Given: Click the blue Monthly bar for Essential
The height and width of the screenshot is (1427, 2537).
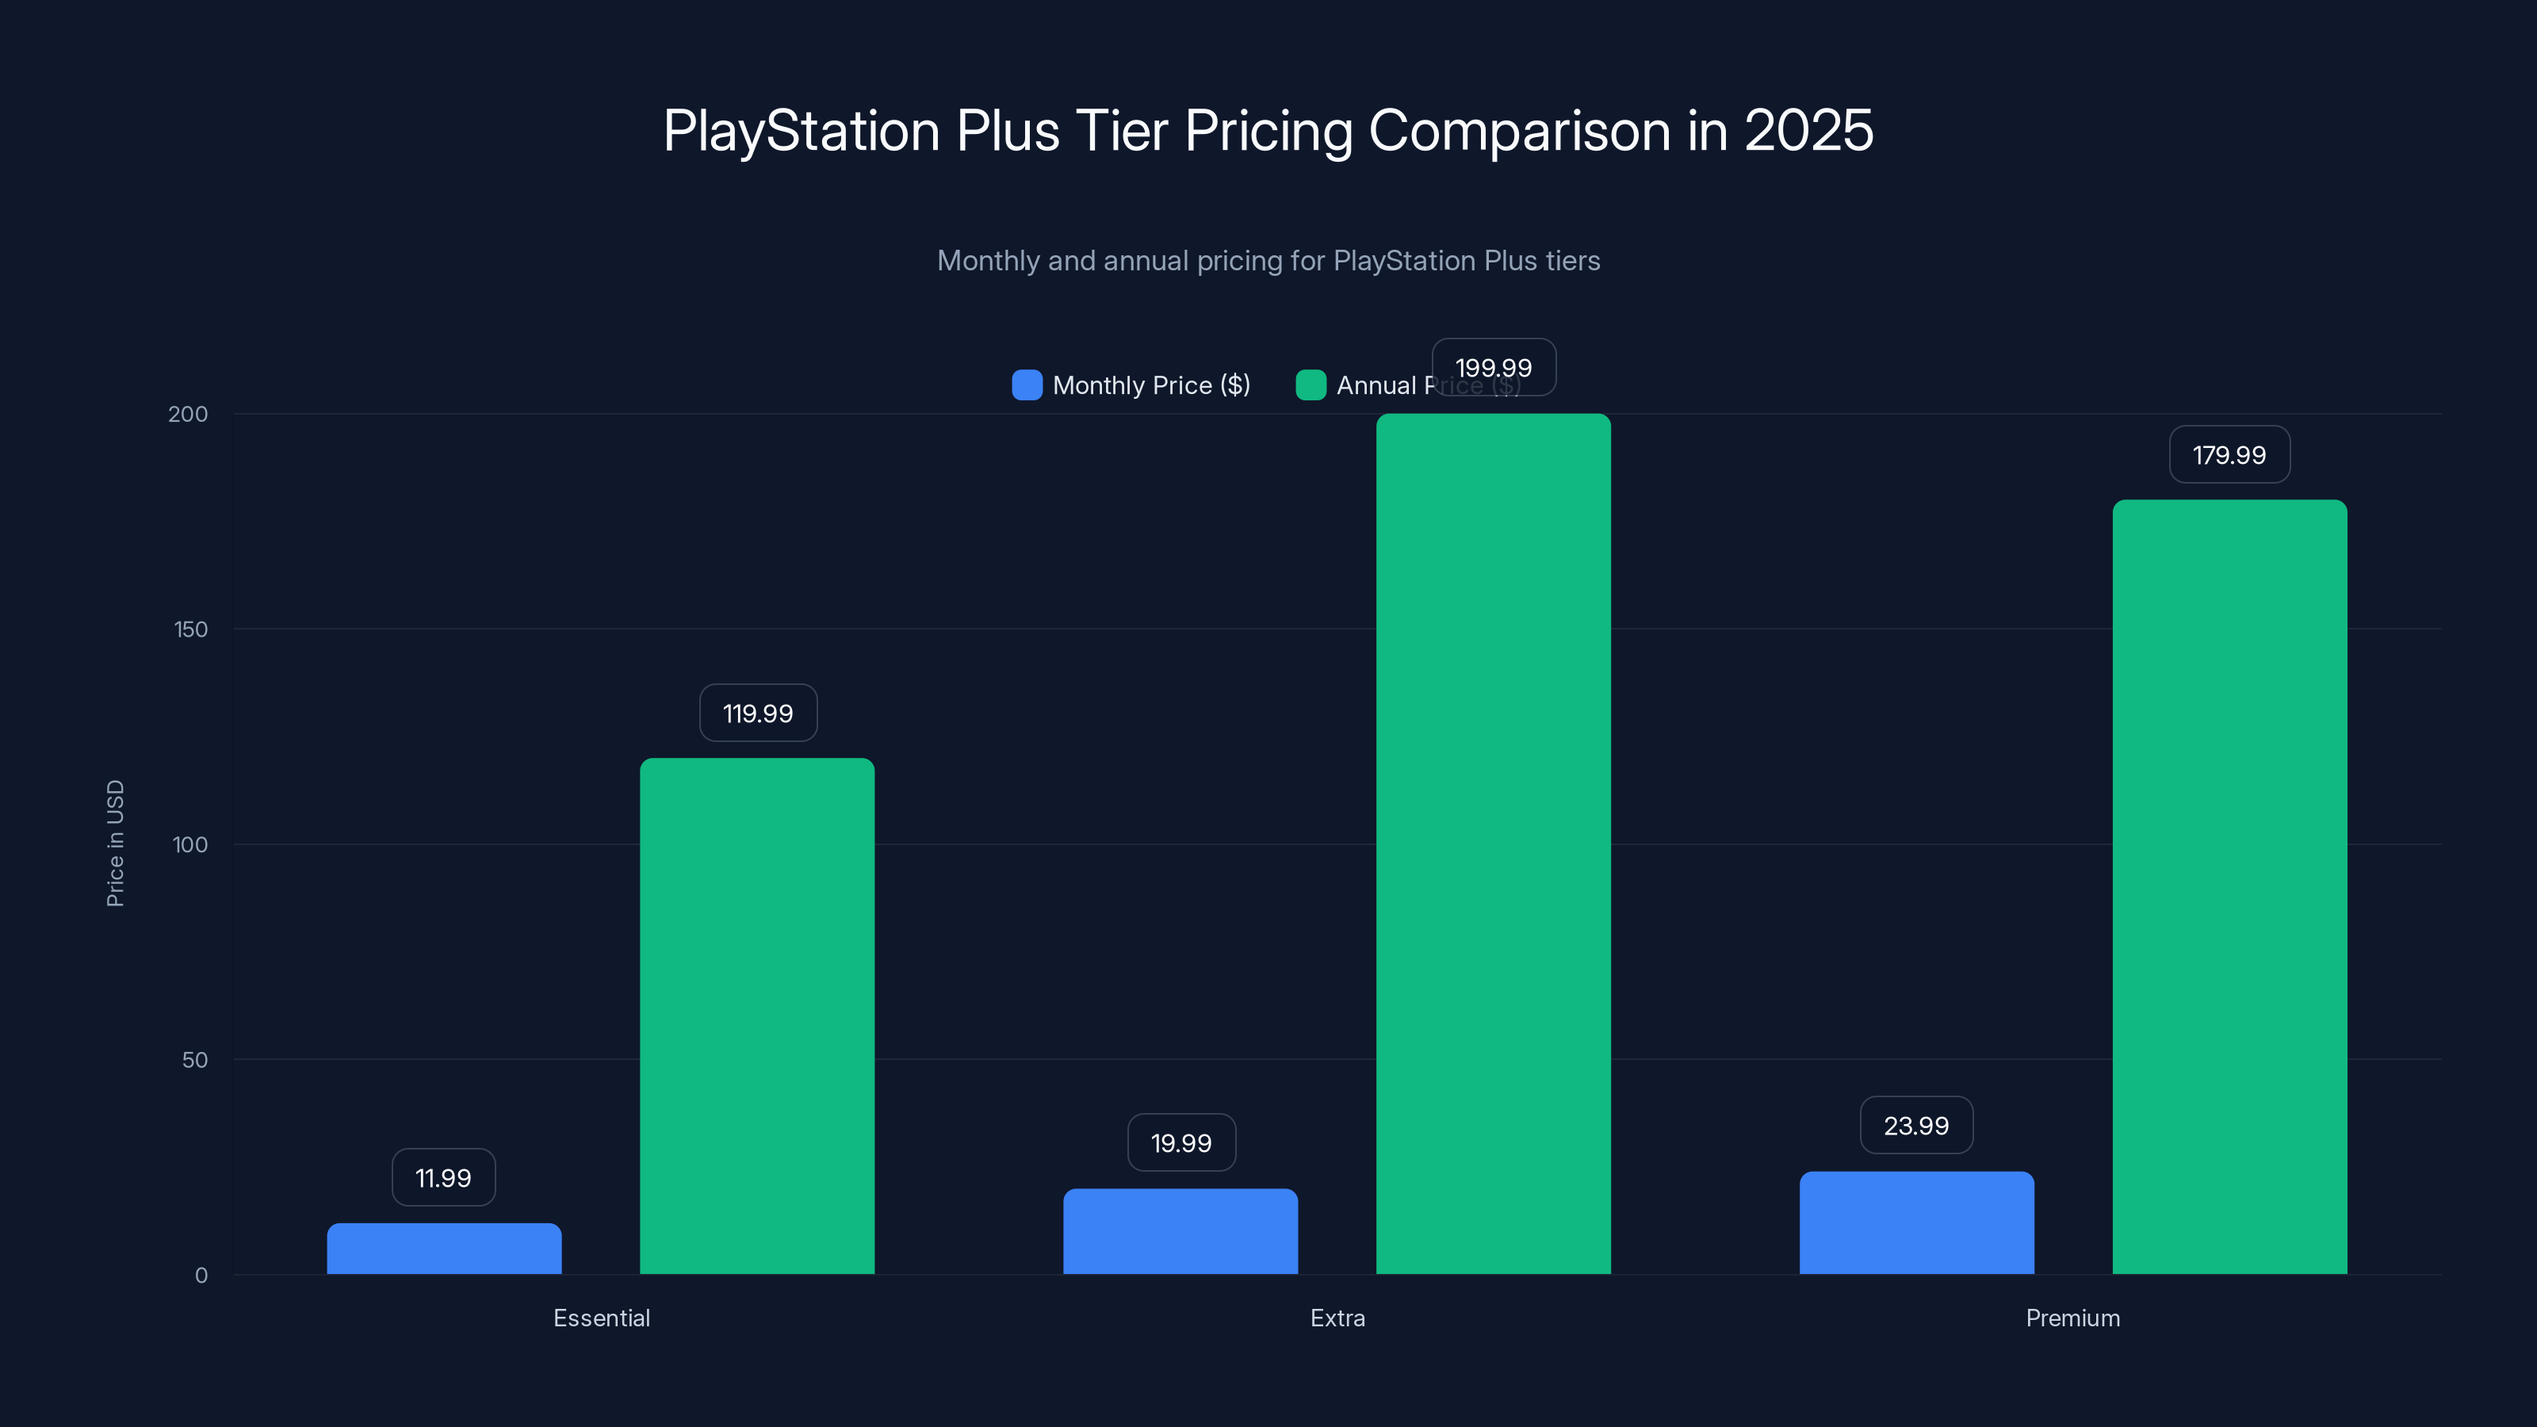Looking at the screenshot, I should [x=444, y=1249].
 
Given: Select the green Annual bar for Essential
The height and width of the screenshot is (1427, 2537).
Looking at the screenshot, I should [x=756, y=1016].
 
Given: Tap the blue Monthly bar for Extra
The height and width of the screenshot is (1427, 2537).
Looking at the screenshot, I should [x=1180, y=1231].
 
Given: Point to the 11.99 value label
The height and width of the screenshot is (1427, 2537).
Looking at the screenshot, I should [x=443, y=1178].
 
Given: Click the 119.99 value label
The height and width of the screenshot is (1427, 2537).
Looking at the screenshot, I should [x=757, y=713].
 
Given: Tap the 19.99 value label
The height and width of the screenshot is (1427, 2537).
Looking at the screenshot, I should [x=1180, y=1142].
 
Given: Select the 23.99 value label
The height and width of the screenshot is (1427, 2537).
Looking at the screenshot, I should [x=1915, y=1125].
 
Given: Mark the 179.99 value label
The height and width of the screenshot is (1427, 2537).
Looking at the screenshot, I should [x=2229, y=455].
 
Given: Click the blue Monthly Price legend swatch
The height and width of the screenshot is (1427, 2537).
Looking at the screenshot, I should [x=1026, y=385].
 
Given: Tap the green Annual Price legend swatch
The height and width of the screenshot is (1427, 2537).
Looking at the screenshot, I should [x=1310, y=385].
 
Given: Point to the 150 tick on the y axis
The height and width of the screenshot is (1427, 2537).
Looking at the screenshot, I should [x=190, y=629].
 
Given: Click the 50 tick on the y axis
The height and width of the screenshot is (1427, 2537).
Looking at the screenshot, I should [x=194, y=1060].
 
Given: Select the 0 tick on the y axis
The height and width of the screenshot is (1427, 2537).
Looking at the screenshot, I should [x=201, y=1276].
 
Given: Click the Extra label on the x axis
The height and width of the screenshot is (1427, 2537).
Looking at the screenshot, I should [x=1337, y=1318].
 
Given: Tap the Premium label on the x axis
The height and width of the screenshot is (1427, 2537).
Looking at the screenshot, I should [x=2072, y=1318].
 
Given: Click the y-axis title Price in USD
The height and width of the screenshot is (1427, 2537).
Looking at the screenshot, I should [x=115, y=843].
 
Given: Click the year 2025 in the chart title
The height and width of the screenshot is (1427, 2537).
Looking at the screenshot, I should [x=1808, y=131].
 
